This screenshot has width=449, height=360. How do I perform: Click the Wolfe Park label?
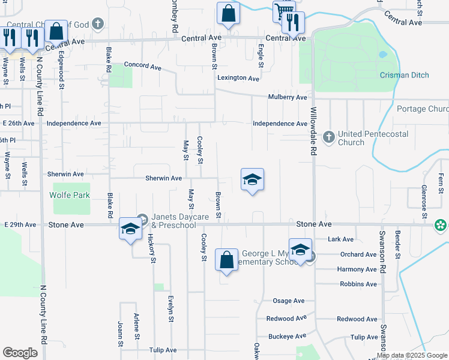coord(71,195)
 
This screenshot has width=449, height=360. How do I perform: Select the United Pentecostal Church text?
coord(351,138)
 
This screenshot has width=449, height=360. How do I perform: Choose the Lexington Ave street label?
coord(238,78)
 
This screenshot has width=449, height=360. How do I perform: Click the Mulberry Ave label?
coord(288,97)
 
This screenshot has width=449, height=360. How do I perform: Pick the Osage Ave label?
coord(289,301)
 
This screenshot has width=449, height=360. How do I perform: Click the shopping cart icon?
coord(283,10)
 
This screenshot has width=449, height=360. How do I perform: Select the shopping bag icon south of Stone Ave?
coord(226,260)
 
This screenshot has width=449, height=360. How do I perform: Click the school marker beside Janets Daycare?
coord(130,229)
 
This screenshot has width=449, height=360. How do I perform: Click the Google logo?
coord(20,353)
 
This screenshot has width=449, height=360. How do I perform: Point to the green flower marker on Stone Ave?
coord(441,225)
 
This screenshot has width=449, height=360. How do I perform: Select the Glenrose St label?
coord(423,196)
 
